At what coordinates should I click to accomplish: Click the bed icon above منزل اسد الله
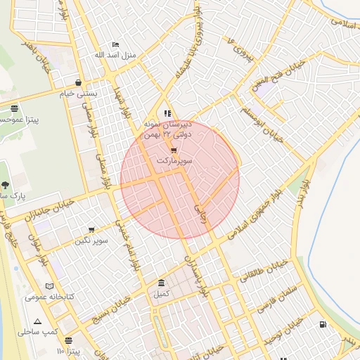116,44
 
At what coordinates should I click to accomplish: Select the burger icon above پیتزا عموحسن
15,108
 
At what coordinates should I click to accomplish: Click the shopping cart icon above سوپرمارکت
174,150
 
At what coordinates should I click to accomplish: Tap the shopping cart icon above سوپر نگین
91,230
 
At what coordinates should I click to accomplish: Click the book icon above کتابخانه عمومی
49,286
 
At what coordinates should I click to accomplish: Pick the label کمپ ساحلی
38,331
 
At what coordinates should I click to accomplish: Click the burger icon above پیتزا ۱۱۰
68,340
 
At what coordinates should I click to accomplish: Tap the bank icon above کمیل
162,283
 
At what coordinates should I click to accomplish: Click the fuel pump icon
323,324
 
